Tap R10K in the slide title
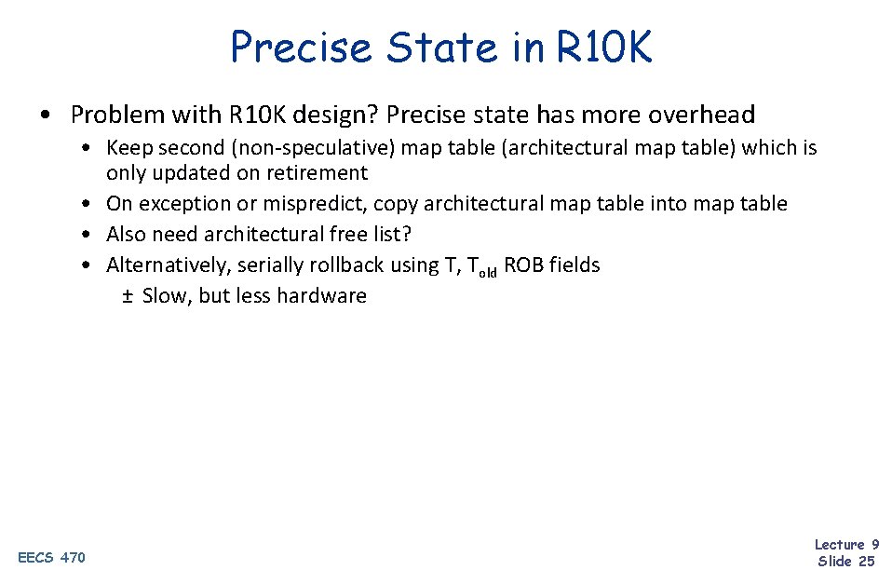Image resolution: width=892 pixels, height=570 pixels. [x=604, y=47]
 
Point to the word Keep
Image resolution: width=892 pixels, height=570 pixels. [x=126, y=148]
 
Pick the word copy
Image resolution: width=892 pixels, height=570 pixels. [x=395, y=204]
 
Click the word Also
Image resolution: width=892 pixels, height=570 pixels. [x=126, y=235]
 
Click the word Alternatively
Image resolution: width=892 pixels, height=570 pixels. [x=167, y=265]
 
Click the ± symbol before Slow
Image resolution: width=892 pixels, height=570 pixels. [x=128, y=296]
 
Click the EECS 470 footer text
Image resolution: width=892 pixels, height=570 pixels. [x=51, y=557]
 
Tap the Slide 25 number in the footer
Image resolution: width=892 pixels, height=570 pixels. [x=845, y=560]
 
